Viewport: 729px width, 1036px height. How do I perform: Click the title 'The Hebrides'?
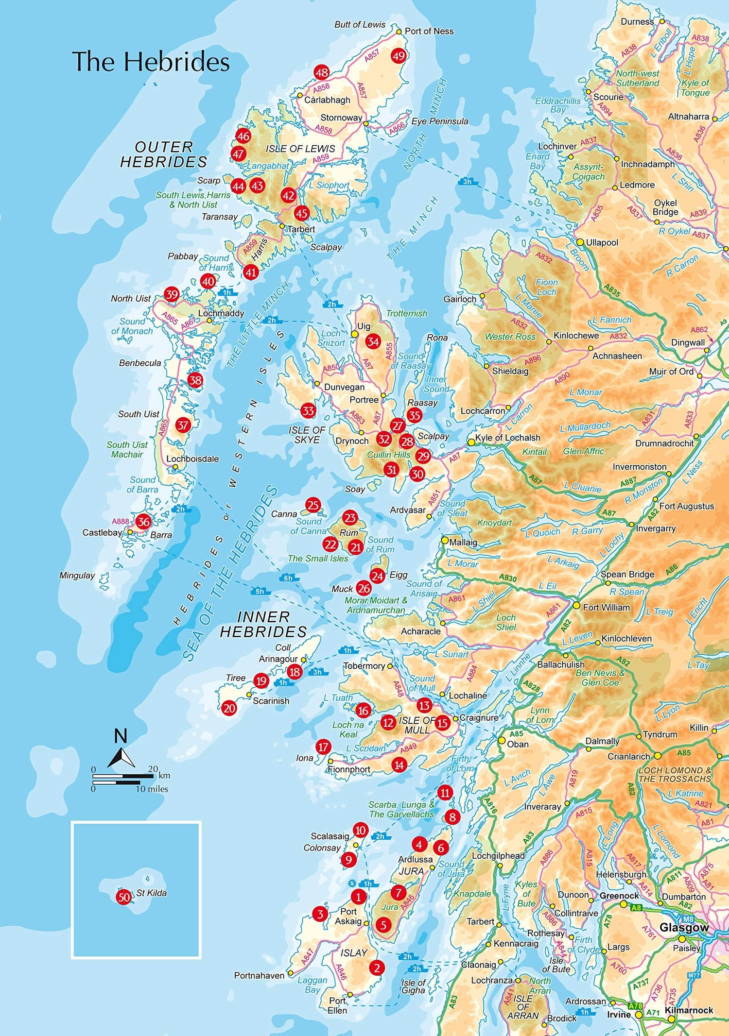coord(151,62)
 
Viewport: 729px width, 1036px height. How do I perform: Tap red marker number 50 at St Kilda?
coord(124,897)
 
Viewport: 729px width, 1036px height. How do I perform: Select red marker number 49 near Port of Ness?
coord(399,56)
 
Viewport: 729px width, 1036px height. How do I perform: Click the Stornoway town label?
coord(341,118)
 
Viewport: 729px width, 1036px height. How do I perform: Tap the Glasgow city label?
coord(684,928)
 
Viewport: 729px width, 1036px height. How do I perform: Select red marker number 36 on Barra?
coord(143,522)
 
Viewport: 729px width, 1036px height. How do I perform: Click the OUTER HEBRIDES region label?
coord(164,154)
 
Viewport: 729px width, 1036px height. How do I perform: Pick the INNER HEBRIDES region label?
coord(263,624)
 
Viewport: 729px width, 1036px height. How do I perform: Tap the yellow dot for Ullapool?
coord(580,242)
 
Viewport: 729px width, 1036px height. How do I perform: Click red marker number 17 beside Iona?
coord(323,747)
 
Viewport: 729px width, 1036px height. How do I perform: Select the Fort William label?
coord(606,607)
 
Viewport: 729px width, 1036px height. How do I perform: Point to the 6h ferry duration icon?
coord(288,578)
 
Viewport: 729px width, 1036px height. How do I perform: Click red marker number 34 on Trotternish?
coord(373,341)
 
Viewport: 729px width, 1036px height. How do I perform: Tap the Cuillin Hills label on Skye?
coord(389,455)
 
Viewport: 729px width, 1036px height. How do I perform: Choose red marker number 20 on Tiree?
coord(229,708)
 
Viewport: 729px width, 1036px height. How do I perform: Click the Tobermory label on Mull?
coord(364,666)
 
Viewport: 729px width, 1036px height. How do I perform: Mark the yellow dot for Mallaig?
coord(445,540)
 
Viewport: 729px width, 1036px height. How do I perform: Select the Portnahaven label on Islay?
coord(259,975)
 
